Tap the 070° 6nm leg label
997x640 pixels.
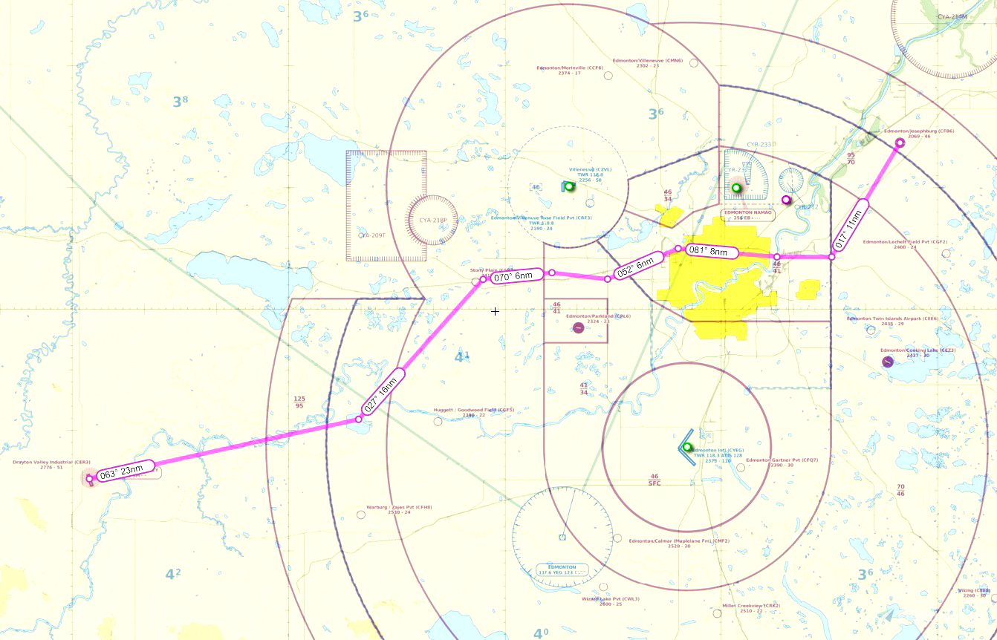[515, 275]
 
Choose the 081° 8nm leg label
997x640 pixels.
[710, 251]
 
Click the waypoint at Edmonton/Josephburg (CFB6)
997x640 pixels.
[899, 143]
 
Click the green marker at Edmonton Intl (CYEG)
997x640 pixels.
[687, 447]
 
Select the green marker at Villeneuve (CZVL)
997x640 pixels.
[569, 186]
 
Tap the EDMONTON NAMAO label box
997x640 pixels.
[748, 213]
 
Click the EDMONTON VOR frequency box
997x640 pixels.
[562, 569]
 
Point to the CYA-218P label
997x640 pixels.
[432, 221]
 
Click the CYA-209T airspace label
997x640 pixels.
[371, 235]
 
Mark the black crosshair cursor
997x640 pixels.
[495, 312]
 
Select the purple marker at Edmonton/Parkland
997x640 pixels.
[578, 328]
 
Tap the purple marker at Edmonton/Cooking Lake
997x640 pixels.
[887, 362]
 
